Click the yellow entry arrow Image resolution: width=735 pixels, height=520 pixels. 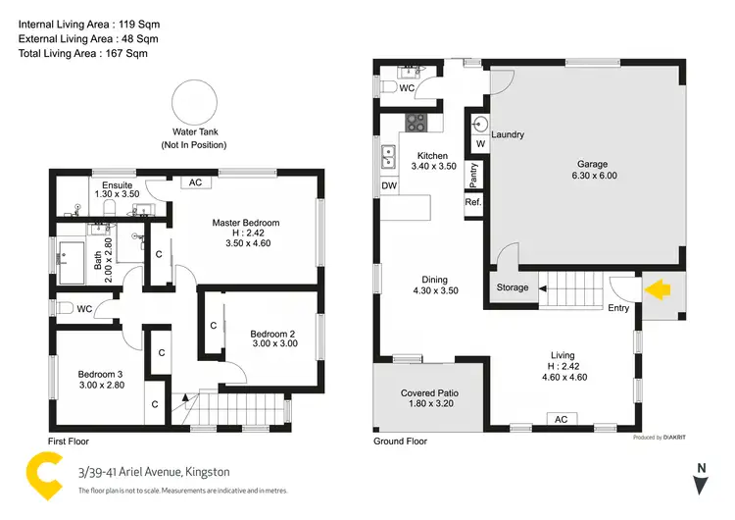pos(657,289)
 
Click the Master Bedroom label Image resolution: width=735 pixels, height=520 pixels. pos(246,223)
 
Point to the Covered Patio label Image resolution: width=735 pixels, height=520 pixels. pos(430,393)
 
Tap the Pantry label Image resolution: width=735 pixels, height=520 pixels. pos(473,175)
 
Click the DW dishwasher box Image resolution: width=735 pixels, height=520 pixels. pos(388,185)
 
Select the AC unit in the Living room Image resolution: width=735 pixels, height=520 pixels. pos(561,419)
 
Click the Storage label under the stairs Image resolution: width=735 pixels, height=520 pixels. pos(512,287)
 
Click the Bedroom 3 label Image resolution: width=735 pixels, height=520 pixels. pos(101,375)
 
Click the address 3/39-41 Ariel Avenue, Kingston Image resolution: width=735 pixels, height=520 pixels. pos(163,472)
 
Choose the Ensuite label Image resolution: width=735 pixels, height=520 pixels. pos(118,184)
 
